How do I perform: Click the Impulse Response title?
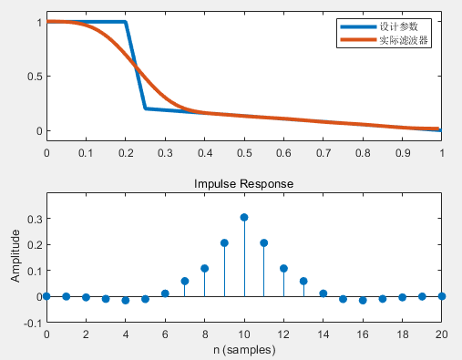pyautogui.click(x=244, y=183)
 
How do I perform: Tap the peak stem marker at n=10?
pyautogui.click(x=244, y=217)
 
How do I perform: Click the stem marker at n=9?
pyautogui.click(x=224, y=242)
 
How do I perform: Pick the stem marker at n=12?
pyautogui.click(x=283, y=268)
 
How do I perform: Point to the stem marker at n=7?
pyautogui.click(x=185, y=281)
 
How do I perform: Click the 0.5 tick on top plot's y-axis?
pyautogui.click(x=33, y=76)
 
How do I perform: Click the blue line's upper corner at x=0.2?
pyautogui.click(x=126, y=22)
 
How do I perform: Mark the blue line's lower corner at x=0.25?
pyautogui.click(x=146, y=108)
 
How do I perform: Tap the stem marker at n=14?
pyautogui.click(x=323, y=293)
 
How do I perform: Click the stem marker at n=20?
pyautogui.click(x=442, y=296)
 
